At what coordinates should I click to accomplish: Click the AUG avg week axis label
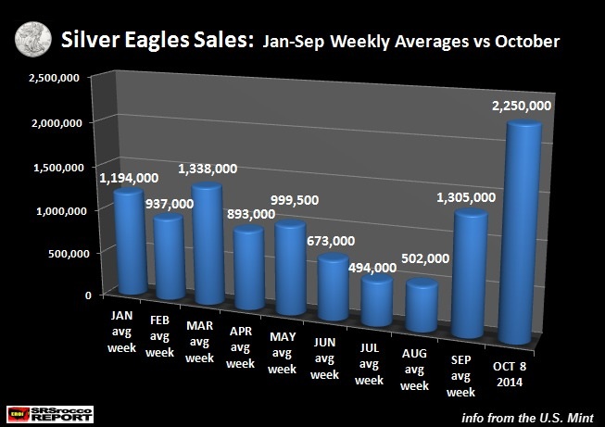pos(415,368)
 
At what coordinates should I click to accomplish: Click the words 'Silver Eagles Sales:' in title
pos(152,41)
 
